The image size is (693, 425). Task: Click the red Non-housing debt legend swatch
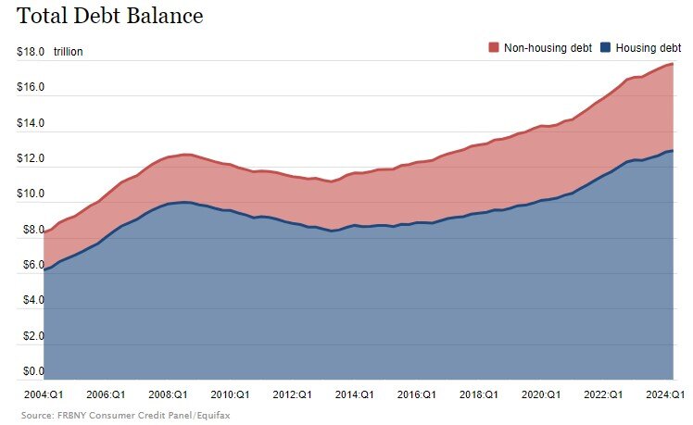[494, 47]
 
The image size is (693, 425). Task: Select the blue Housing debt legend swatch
[606, 47]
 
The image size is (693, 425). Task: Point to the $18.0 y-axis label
[31, 52]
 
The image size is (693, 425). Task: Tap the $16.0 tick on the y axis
[31, 88]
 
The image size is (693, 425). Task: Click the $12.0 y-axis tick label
[31, 159]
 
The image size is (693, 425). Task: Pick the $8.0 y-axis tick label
[31, 231]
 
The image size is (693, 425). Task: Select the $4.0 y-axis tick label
[31, 301]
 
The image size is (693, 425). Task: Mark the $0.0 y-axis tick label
[31, 372]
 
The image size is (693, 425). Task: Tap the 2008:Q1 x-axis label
[168, 394]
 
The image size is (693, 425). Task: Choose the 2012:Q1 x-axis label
[291, 394]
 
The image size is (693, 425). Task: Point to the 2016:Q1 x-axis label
[417, 394]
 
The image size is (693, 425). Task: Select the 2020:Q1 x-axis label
[541, 394]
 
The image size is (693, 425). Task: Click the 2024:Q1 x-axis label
[664, 394]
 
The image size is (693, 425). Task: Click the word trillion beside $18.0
[68, 52]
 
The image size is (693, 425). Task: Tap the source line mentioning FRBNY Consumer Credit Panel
[125, 416]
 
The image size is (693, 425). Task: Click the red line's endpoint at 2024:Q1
[673, 64]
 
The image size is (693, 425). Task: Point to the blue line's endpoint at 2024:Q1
[673, 151]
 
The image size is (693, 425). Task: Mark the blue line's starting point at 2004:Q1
[44, 269]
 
